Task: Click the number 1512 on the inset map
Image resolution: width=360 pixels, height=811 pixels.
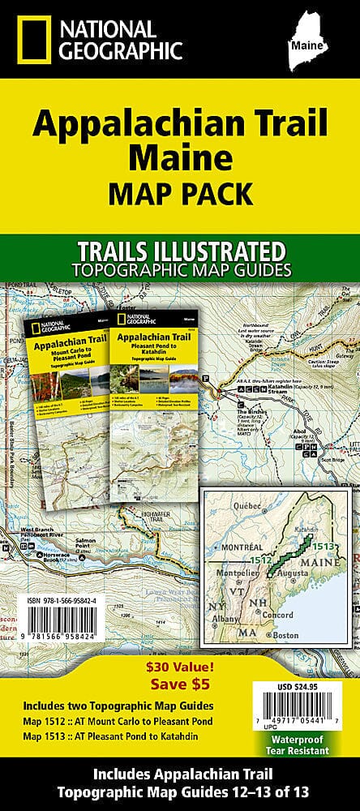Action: point(260,537)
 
